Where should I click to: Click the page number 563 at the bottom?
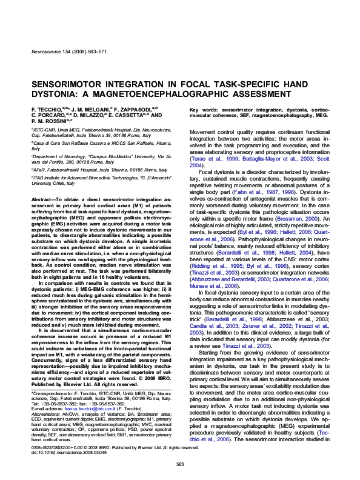[179, 464]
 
